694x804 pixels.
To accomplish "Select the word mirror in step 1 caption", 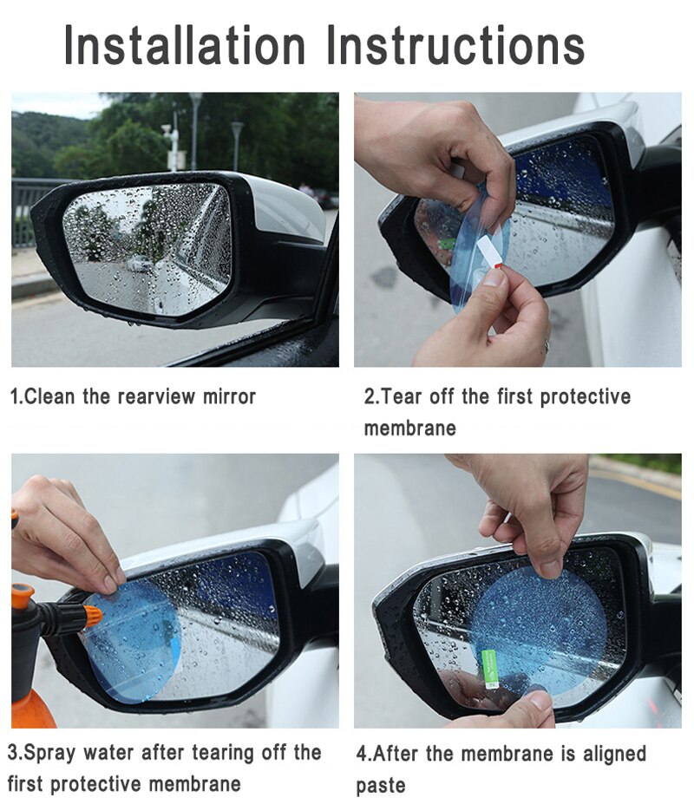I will [229, 397].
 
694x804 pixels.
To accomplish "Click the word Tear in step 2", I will [403, 397].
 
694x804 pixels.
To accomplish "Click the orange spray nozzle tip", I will [91, 617].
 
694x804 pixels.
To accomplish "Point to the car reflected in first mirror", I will [140, 263].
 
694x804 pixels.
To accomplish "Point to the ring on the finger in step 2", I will [547, 346].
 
